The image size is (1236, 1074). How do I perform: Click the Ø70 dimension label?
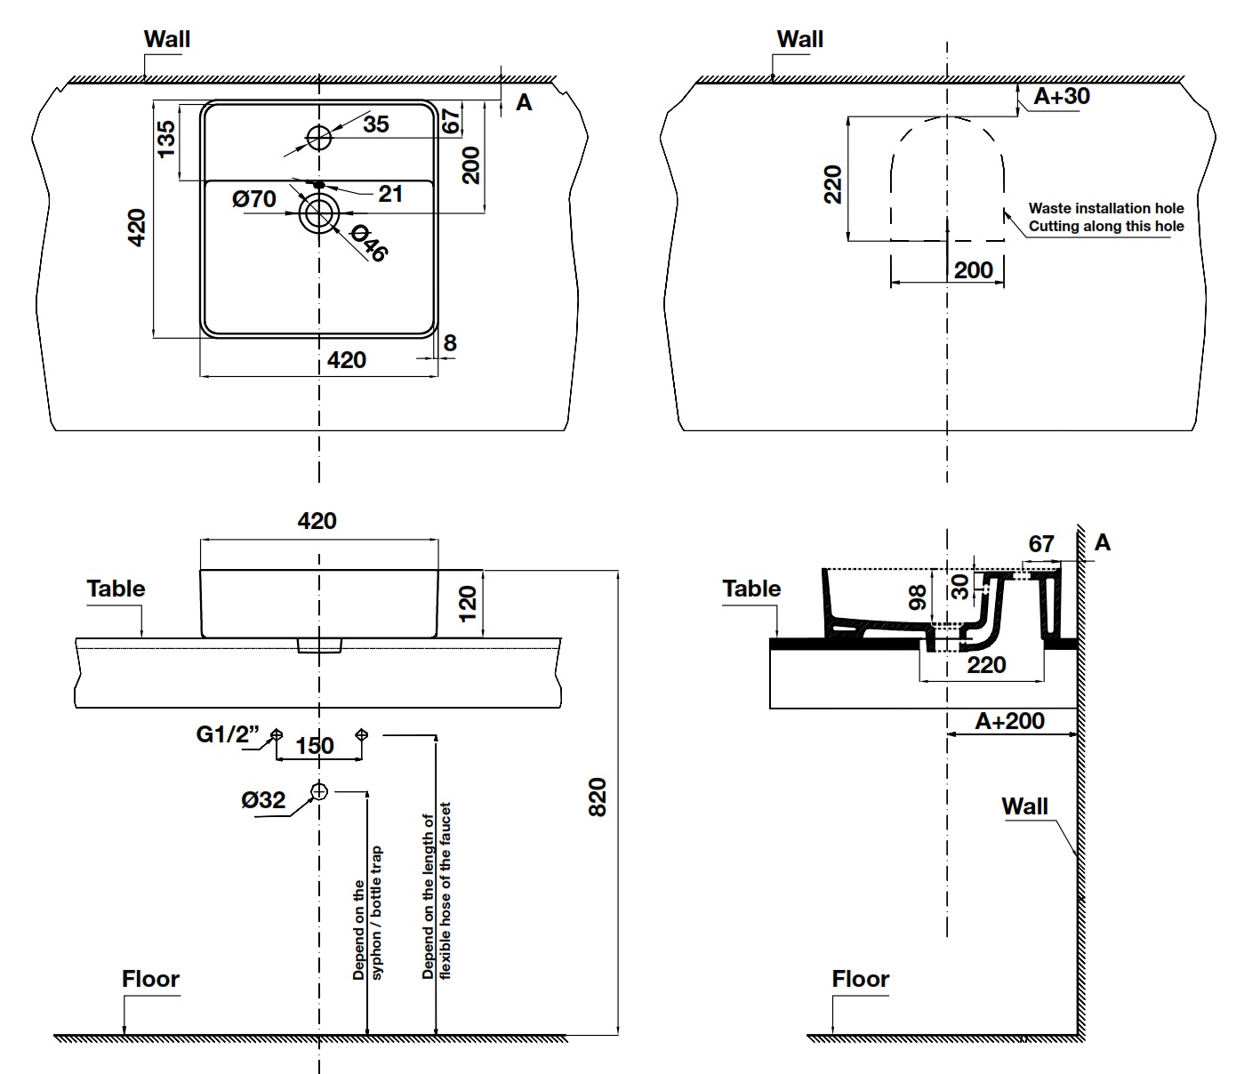point(254,198)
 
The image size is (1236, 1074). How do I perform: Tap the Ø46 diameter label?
point(369,243)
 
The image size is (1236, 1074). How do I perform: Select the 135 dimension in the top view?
point(166,139)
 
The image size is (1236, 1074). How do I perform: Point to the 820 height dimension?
point(598,797)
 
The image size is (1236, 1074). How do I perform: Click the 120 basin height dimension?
point(467,603)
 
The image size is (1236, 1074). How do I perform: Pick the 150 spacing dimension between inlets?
point(315,745)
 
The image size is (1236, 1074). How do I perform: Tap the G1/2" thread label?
point(227,734)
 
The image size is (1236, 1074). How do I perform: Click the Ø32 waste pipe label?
point(263,799)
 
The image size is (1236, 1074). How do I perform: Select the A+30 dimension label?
point(1062,96)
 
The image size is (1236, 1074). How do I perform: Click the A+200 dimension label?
point(1009,720)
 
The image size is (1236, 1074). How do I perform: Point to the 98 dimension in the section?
point(918,597)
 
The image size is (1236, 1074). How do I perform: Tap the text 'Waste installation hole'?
point(1106,208)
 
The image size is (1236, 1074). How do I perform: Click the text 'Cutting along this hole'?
point(1106,226)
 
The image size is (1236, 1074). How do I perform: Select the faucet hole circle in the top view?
point(319,137)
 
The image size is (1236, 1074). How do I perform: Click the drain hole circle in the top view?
point(319,212)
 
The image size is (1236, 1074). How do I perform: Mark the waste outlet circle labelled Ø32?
point(319,790)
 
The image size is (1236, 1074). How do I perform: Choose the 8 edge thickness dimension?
point(450,342)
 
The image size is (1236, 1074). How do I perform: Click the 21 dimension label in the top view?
point(390,194)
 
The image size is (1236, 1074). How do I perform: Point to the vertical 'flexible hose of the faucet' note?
point(437,892)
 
